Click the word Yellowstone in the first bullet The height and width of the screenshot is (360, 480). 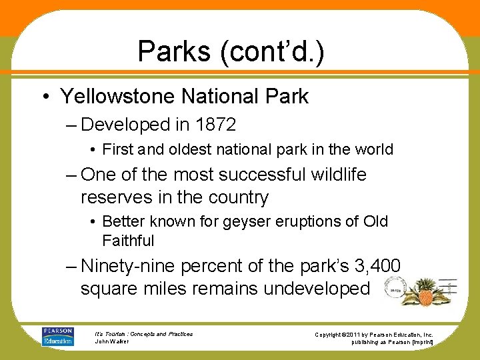119,96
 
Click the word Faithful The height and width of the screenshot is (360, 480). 128,240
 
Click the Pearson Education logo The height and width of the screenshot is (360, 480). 58,336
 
